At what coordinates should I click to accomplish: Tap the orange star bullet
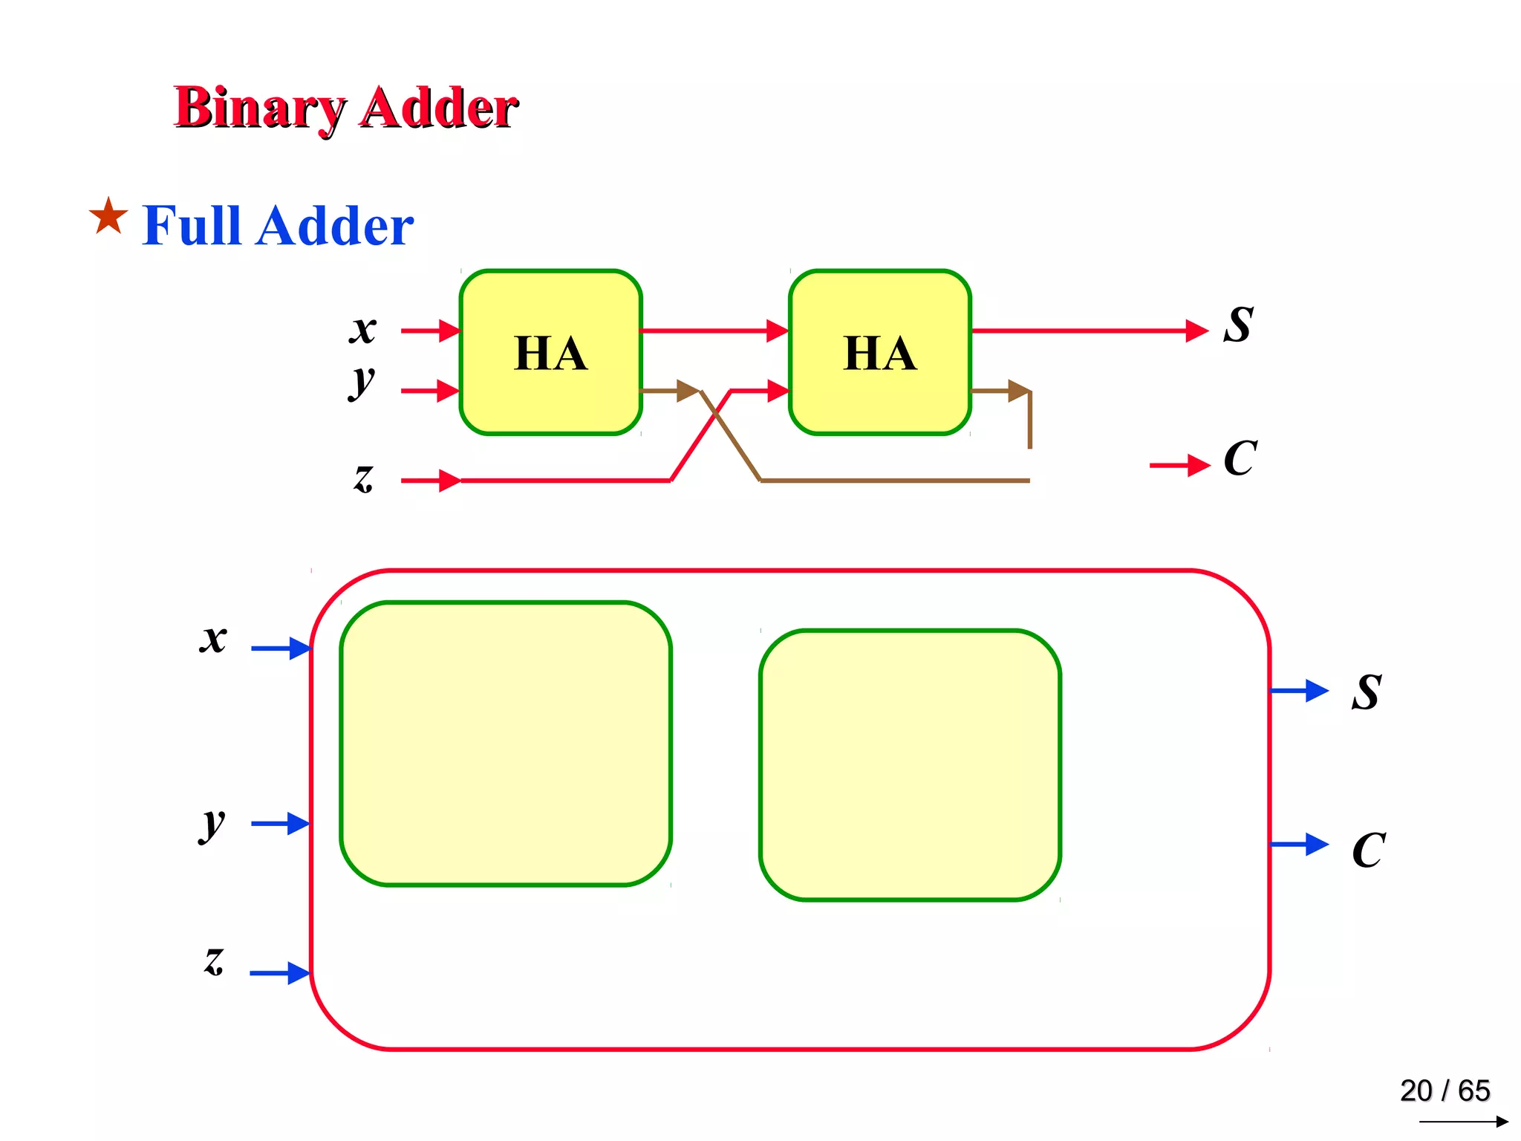pyautogui.click(x=108, y=216)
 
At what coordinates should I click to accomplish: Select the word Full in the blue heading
pyautogui.click(x=192, y=225)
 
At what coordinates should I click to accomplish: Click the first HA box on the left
pyautogui.click(x=550, y=352)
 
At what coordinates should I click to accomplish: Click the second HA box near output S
pyautogui.click(x=880, y=352)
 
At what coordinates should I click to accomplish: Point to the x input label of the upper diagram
pyautogui.click(x=363, y=328)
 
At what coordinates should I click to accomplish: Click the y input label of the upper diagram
pyautogui.click(x=362, y=383)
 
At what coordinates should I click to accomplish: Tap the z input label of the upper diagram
pyautogui.click(x=363, y=478)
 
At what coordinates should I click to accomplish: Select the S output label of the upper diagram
pyautogui.click(x=1238, y=325)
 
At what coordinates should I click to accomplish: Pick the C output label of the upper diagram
pyautogui.click(x=1240, y=458)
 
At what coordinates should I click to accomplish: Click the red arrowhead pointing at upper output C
pyautogui.click(x=1197, y=466)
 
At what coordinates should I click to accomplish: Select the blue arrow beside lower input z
pyautogui.click(x=280, y=972)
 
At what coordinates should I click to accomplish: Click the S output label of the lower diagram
pyautogui.click(x=1367, y=692)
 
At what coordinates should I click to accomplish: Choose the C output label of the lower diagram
pyautogui.click(x=1369, y=850)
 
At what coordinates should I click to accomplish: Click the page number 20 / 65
pyautogui.click(x=1445, y=1090)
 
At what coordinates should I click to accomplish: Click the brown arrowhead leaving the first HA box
pyautogui.click(x=687, y=391)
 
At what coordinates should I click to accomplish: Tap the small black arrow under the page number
pyautogui.click(x=1463, y=1122)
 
